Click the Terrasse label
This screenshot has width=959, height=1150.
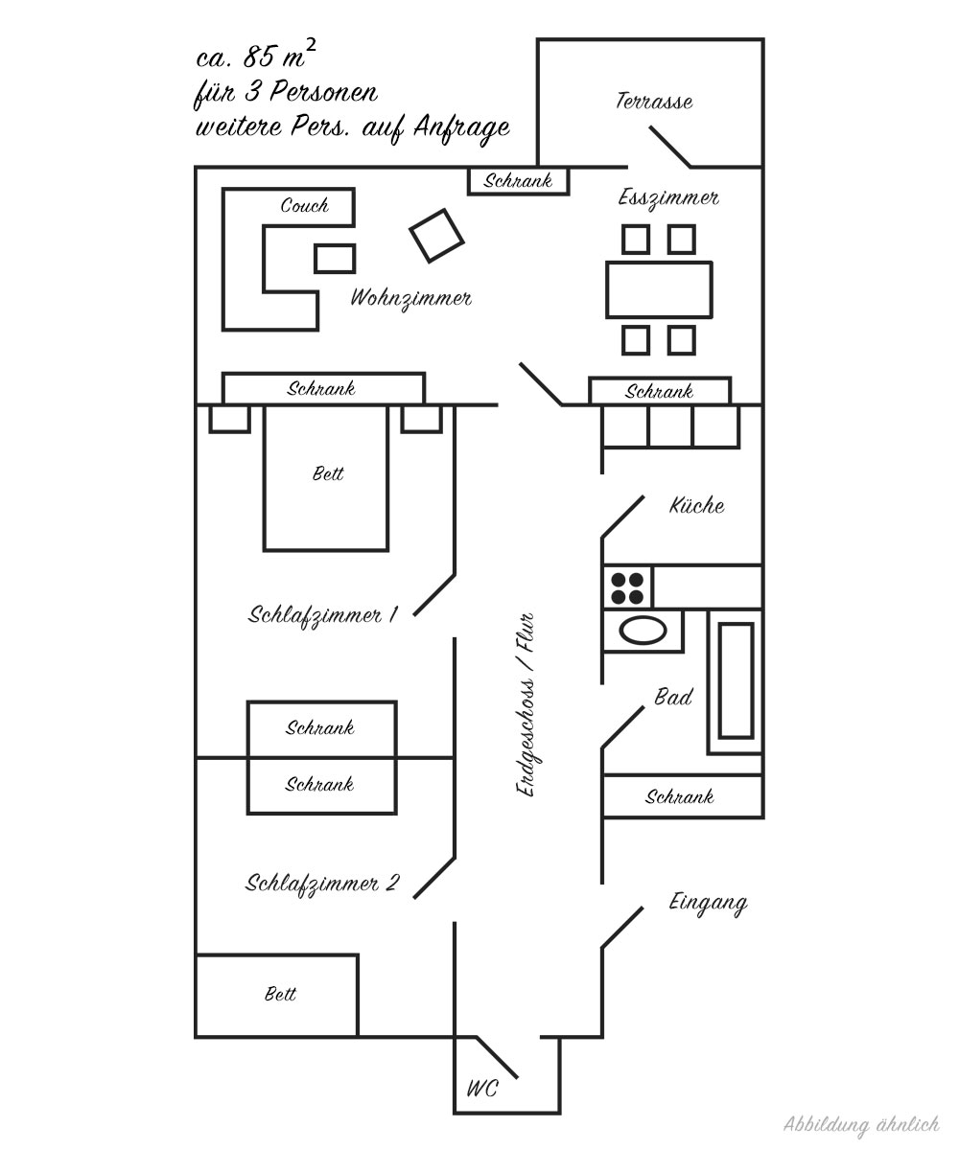(654, 102)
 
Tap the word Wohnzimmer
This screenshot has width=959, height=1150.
(410, 298)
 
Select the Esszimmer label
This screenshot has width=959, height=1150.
(668, 198)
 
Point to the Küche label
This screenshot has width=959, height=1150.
(697, 506)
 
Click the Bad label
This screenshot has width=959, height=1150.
(673, 698)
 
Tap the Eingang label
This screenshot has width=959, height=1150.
(708, 903)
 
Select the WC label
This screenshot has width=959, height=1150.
(481, 1090)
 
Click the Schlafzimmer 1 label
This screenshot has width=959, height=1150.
(322, 615)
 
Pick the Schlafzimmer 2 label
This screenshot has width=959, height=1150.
(322, 883)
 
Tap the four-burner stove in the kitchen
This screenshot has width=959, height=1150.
(628, 586)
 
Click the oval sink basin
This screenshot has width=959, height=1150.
(643, 630)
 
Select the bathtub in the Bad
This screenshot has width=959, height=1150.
(736, 680)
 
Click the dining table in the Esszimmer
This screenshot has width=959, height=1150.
(659, 289)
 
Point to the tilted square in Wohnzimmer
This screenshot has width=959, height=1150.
(436, 235)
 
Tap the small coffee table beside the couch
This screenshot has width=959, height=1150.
(335, 258)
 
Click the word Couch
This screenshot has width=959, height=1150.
(304, 205)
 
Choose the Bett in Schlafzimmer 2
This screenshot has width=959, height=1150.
(277, 995)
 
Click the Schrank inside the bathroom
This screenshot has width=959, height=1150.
(680, 796)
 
